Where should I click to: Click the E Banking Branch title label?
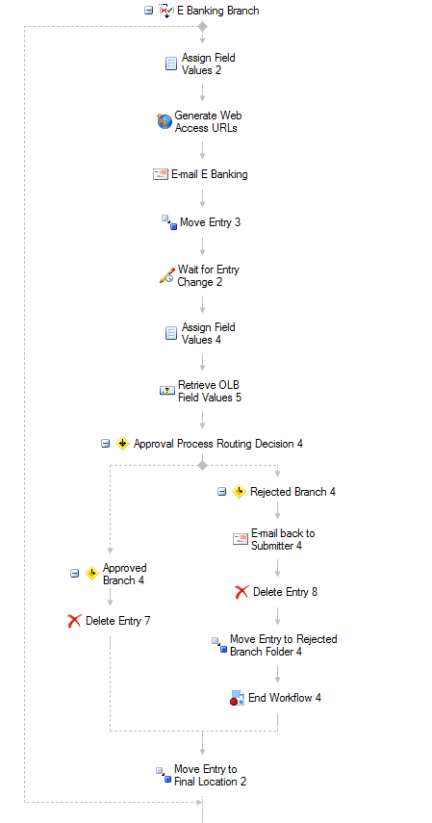(x=217, y=11)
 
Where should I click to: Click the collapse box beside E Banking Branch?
(x=149, y=10)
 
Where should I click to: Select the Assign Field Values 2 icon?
(x=171, y=64)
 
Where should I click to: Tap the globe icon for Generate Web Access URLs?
(x=165, y=121)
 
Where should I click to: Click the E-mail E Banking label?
(x=210, y=174)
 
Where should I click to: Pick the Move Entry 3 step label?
(x=210, y=222)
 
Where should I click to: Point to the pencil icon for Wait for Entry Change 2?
(x=166, y=275)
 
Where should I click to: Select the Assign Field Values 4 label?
(x=209, y=333)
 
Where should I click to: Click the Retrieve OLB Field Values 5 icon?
(x=166, y=391)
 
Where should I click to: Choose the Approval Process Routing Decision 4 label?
(x=217, y=444)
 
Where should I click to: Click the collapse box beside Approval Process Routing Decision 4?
(x=106, y=444)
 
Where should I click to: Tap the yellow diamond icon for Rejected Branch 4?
(x=239, y=491)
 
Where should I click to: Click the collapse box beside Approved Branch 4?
(x=74, y=573)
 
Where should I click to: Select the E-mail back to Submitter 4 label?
(x=283, y=539)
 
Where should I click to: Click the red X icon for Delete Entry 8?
(x=241, y=592)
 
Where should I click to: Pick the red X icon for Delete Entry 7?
(x=74, y=621)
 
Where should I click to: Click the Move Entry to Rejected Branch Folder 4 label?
(x=284, y=645)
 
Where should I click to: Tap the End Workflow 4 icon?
(x=238, y=698)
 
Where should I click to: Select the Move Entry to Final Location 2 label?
(x=210, y=775)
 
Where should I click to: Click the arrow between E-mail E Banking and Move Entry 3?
(x=203, y=198)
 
